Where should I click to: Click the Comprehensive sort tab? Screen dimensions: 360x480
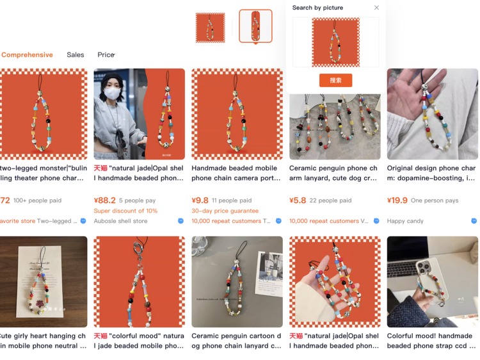point(27,55)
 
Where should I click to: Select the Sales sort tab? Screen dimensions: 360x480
point(75,55)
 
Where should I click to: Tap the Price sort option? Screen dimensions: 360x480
point(106,55)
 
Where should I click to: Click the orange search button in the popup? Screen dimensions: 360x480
point(335,81)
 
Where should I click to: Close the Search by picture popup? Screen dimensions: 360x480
point(376,8)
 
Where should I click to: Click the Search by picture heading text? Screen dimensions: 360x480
point(317,8)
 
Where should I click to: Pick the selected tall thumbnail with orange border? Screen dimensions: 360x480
point(255,26)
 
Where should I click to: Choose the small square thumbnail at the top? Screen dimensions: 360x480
point(210,28)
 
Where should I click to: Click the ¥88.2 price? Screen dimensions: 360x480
point(105,200)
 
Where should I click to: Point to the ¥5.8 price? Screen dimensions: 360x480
point(298,200)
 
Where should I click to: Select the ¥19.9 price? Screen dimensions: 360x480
point(397,200)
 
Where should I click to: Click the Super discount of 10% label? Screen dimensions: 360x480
point(125,211)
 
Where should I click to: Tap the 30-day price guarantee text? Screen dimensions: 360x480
point(225,211)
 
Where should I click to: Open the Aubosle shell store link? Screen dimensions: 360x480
point(120,221)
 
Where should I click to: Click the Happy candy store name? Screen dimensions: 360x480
point(405,221)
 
